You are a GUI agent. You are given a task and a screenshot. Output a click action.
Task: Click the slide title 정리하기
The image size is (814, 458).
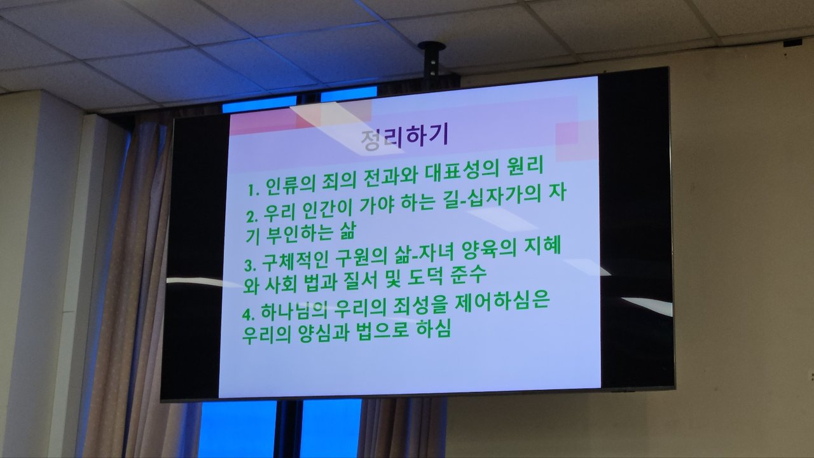click(404, 137)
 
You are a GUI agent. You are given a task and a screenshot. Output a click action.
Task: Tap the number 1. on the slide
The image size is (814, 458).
click(254, 190)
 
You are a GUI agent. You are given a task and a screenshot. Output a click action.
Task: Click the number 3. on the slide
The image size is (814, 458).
click(250, 266)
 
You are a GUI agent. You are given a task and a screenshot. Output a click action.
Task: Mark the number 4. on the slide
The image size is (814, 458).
click(249, 315)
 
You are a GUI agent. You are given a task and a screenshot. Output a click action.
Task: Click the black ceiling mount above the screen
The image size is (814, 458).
click(432, 58)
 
